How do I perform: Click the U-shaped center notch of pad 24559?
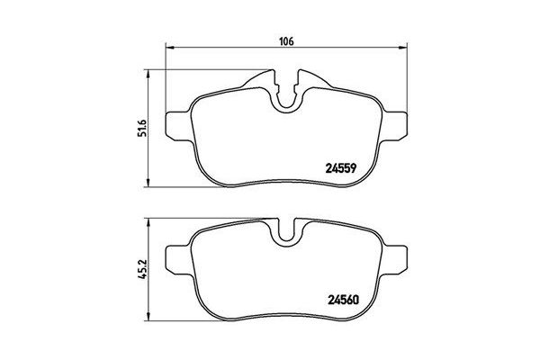289,100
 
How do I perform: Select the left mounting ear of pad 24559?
181,117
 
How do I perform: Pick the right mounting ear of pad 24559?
396,117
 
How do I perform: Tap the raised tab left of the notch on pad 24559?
265,83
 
